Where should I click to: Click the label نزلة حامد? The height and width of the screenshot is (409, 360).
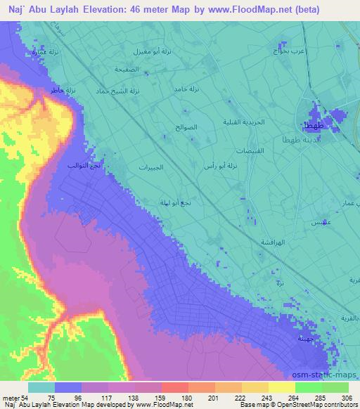coord(187,89)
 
